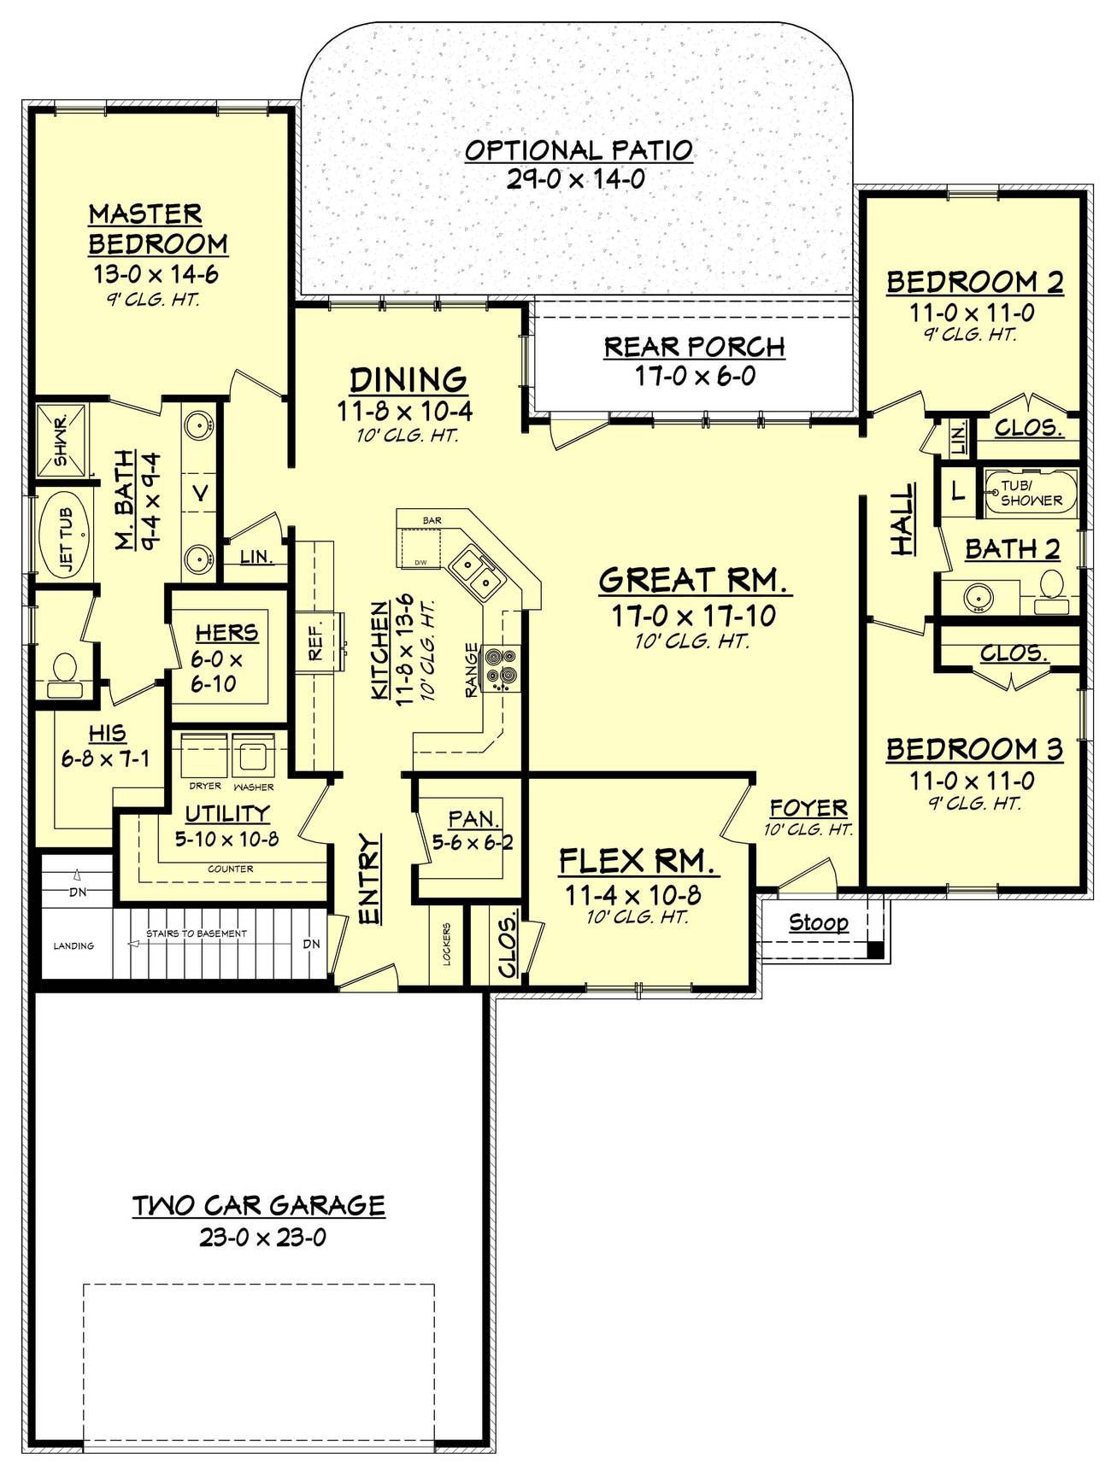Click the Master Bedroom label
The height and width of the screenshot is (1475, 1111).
click(x=158, y=229)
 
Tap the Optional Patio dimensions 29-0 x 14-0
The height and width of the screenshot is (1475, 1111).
click(x=578, y=179)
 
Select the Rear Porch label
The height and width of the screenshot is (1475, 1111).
click(x=694, y=347)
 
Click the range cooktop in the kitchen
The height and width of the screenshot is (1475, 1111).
click(x=501, y=666)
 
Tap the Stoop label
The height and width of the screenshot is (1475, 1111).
click(x=819, y=922)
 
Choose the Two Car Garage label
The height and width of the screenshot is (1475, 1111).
click(x=259, y=1205)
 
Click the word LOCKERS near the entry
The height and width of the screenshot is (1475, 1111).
click(x=447, y=945)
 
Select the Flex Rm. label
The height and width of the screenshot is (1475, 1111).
click(x=638, y=861)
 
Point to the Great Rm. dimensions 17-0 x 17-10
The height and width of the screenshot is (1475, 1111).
click(x=693, y=616)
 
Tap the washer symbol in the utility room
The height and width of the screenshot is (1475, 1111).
click(x=253, y=755)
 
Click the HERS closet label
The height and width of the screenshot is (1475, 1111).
click(x=226, y=633)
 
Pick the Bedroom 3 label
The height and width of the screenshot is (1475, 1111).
click(x=974, y=749)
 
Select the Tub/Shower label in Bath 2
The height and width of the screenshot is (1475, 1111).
click(x=1031, y=493)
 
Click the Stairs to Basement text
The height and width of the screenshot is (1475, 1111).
click(x=197, y=934)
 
